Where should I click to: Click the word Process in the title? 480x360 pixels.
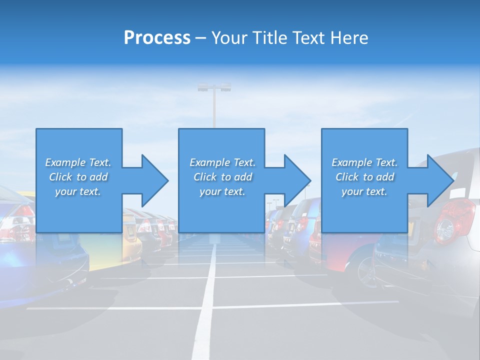coord(157,38)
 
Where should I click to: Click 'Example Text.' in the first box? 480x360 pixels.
coord(78,162)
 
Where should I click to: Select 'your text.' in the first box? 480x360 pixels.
coord(78,191)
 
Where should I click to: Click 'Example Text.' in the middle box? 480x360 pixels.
coord(222,162)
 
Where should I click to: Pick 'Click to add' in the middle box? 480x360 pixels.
coord(222,177)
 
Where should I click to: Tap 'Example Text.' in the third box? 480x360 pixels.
coord(364,162)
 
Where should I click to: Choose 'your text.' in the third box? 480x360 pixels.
coord(364,191)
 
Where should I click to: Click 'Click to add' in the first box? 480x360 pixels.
coord(78,177)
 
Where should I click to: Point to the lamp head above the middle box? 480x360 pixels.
coord(214,87)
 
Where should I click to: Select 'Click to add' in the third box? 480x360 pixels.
coord(364,177)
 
